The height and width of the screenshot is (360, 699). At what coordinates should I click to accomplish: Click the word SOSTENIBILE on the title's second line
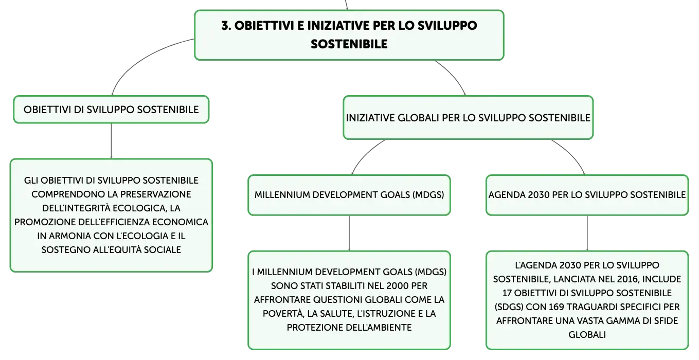349,44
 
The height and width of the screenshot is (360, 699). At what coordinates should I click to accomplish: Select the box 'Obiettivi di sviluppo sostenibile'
111,110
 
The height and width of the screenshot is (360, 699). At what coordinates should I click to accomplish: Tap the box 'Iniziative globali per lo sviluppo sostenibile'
468,118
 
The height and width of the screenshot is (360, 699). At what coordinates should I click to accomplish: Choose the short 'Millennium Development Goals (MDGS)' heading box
349,195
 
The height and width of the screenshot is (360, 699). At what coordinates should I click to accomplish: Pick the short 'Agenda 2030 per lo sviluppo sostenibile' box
587,195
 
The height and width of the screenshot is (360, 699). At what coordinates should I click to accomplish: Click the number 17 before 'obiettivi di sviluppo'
507,293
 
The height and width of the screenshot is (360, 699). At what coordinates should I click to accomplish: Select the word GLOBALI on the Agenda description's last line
587,335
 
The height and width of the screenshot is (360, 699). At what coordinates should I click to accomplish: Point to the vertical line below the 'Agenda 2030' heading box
587,233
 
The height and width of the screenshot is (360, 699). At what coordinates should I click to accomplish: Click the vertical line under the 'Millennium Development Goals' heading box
349,233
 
